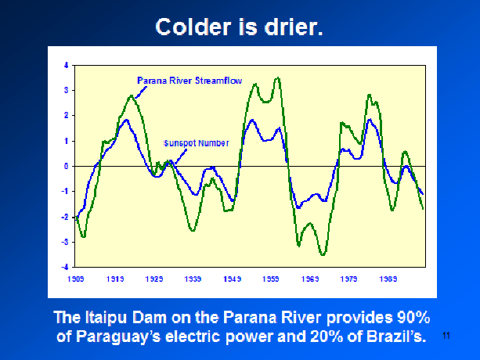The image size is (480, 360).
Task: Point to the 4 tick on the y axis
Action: (66, 65)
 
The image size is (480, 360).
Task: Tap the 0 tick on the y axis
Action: (66, 166)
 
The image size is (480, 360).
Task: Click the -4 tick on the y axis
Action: (65, 267)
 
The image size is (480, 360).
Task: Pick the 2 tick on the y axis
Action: (66, 116)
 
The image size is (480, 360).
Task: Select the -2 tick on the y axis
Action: (65, 217)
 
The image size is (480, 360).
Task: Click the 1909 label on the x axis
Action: (75, 278)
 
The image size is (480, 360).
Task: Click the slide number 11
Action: (447, 336)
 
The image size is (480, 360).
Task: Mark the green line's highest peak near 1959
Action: (277, 78)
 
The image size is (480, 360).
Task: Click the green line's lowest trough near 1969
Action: (322, 254)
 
